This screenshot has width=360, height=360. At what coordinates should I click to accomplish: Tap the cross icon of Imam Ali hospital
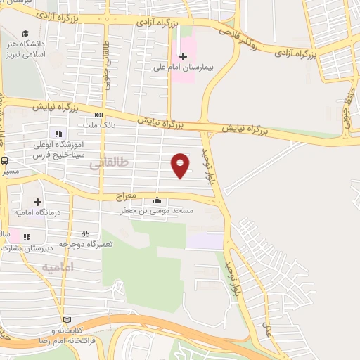point(184,56)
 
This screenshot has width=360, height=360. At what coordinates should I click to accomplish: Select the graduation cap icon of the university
point(25,34)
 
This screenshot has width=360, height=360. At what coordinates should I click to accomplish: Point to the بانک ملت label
point(98,125)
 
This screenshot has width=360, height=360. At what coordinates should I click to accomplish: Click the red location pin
point(181,165)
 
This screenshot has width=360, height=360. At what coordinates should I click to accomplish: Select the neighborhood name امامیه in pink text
point(57,268)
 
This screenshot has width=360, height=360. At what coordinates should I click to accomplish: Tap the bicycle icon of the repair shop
point(85,233)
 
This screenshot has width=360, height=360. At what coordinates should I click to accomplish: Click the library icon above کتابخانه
point(67,319)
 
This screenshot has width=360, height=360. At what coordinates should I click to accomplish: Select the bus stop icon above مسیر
point(4,160)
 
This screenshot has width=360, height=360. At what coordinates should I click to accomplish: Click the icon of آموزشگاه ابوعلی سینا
point(58,133)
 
